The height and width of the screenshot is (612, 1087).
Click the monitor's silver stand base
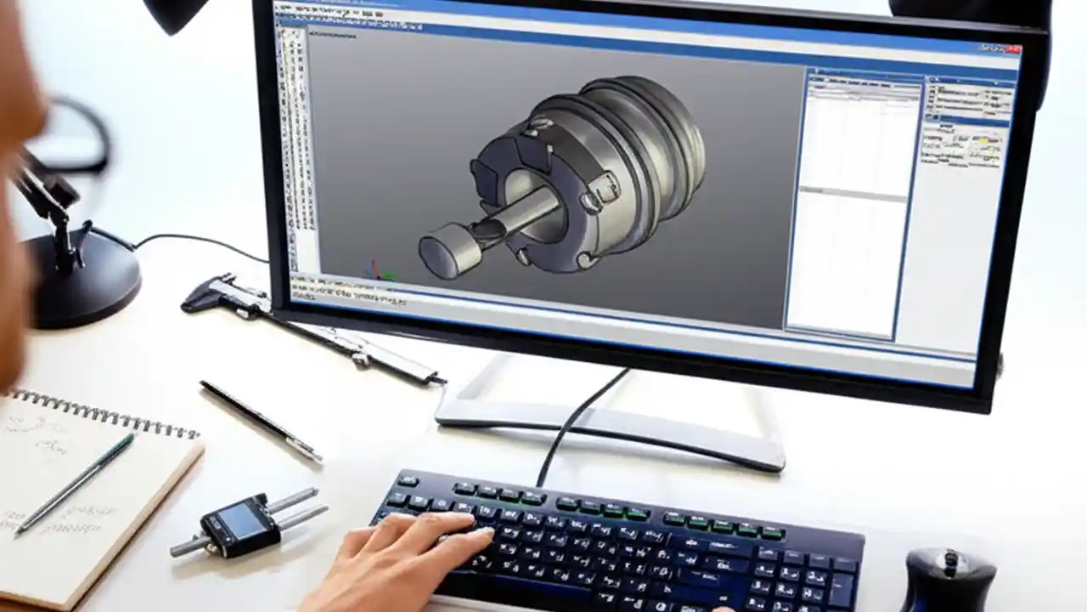611,425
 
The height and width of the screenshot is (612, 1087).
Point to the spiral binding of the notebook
102,412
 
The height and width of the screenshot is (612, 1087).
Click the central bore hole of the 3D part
531,191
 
